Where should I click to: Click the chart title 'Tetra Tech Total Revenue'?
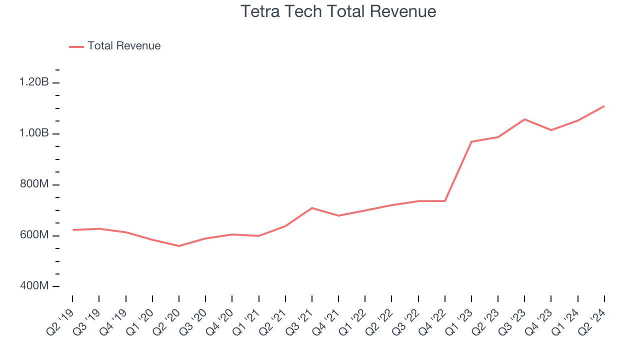click(x=338, y=11)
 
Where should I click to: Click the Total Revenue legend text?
click(x=124, y=46)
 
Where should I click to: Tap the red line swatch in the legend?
click(x=76, y=46)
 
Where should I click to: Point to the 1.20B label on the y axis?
click(x=34, y=82)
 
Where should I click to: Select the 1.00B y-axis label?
click(x=34, y=133)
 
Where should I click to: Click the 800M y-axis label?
click(x=34, y=184)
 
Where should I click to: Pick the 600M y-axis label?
click(x=34, y=235)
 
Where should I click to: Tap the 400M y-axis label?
click(x=34, y=286)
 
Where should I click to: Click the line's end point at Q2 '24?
click(x=604, y=106)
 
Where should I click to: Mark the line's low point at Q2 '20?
click(x=179, y=246)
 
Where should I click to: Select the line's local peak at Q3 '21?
click(x=312, y=208)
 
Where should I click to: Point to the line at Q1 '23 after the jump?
click(x=471, y=141)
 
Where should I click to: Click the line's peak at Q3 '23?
click(x=524, y=119)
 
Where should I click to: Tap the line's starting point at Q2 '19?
click(x=73, y=230)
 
